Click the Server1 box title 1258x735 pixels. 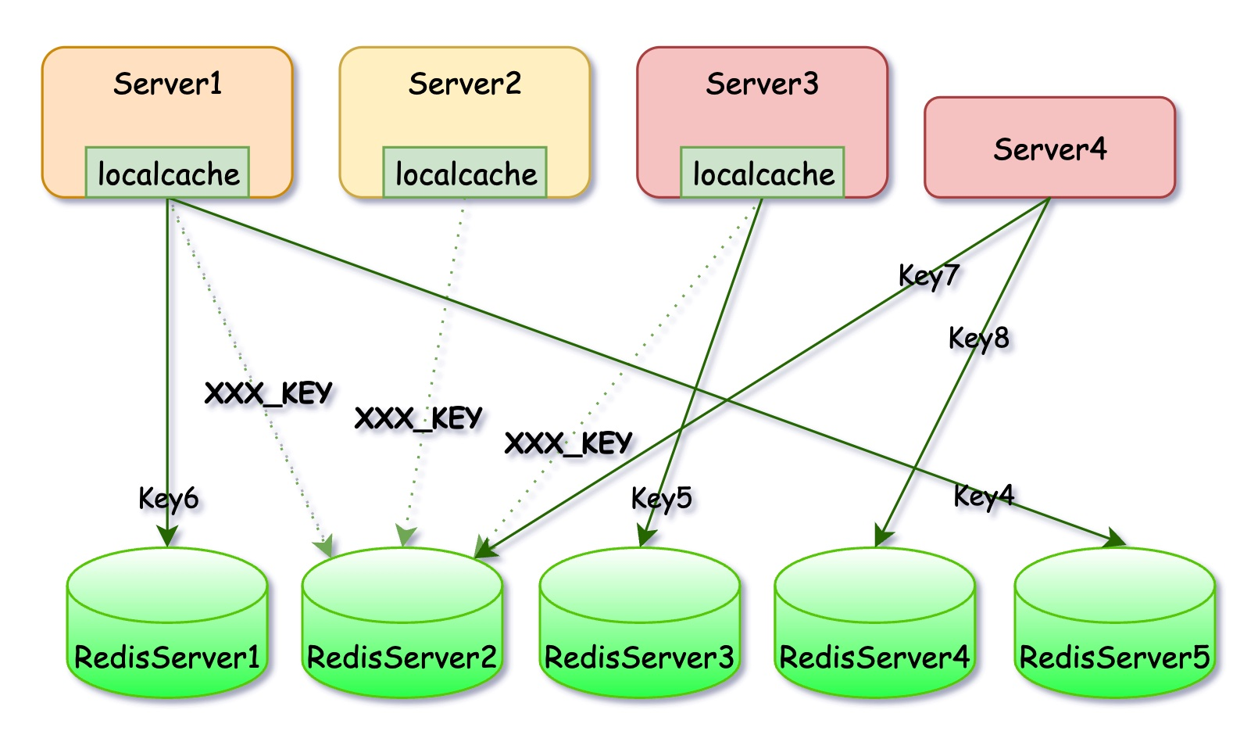[x=167, y=84]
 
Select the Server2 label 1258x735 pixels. [x=464, y=84]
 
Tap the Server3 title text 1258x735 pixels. [x=762, y=84]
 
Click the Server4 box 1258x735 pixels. [x=1049, y=147]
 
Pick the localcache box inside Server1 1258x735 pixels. [x=167, y=173]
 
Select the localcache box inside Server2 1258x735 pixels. [x=464, y=173]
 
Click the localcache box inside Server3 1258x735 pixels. [x=762, y=173]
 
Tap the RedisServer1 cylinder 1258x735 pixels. [x=166, y=622]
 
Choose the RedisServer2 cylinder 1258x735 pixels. [x=402, y=622]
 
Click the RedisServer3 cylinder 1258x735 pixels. [x=640, y=622]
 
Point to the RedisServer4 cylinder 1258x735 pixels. [x=874, y=622]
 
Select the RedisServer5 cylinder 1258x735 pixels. [x=1115, y=622]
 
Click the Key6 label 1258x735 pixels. [x=169, y=499]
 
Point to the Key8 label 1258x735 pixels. [x=979, y=339]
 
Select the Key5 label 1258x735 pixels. [x=662, y=499]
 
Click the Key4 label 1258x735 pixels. [x=984, y=497]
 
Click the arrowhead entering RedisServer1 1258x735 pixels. [x=166, y=536]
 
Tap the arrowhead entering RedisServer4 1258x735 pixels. [x=883, y=536]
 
